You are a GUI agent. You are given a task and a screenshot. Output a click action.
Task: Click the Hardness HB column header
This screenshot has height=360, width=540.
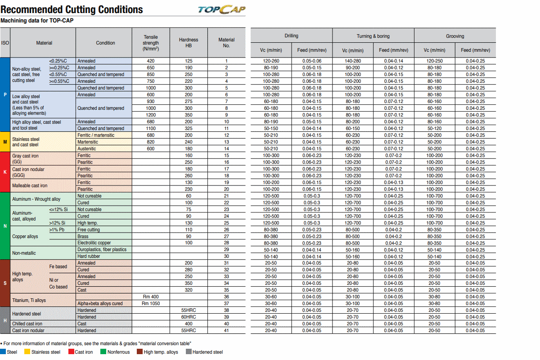(x=189, y=43)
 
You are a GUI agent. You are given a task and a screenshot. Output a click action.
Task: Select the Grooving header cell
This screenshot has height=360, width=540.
(x=455, y=36)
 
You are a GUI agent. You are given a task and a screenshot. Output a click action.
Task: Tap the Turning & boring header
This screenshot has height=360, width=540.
(x=373, y=36)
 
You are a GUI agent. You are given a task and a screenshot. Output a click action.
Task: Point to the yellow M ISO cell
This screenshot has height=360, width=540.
(x=5, y=142)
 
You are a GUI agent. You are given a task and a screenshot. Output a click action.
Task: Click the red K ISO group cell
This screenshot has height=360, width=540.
(x=5, y=172)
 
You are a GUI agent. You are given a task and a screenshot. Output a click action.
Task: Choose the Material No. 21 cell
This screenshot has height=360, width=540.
(x=226, y=196)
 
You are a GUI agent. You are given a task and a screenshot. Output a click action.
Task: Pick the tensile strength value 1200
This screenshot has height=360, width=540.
(x=151, y=115)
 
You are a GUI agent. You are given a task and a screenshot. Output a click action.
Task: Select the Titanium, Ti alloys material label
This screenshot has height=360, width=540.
(x=29, y=300)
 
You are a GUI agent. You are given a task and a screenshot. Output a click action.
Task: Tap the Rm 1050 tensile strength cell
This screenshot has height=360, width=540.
(x=151, y=304)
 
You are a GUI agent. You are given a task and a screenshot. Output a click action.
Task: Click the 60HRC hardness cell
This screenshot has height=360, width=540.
(x=189, y=317)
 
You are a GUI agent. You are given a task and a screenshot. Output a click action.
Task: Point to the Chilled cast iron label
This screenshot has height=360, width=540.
(x=27, y=324)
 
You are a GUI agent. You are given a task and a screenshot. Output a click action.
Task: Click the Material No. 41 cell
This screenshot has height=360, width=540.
(x=226, y=331)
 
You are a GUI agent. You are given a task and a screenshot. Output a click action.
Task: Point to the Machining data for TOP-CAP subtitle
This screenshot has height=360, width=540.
(x=37, y=20)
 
